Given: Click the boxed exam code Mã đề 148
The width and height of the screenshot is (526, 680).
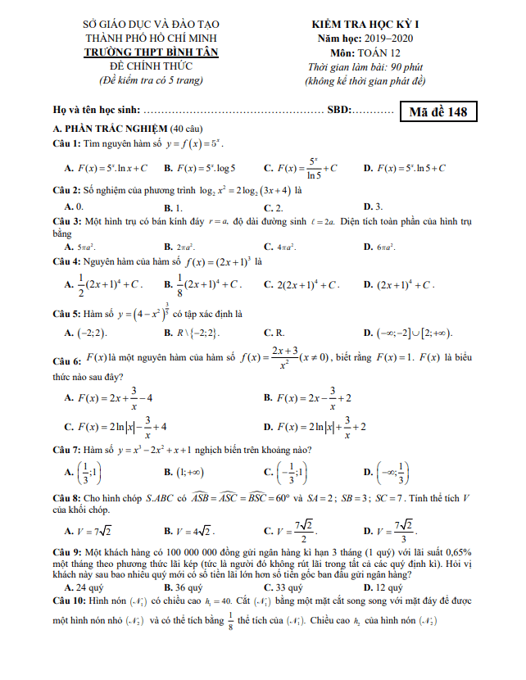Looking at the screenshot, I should (x=438, y=111).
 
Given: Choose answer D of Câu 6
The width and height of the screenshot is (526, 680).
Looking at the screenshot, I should (x=314, y=427).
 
